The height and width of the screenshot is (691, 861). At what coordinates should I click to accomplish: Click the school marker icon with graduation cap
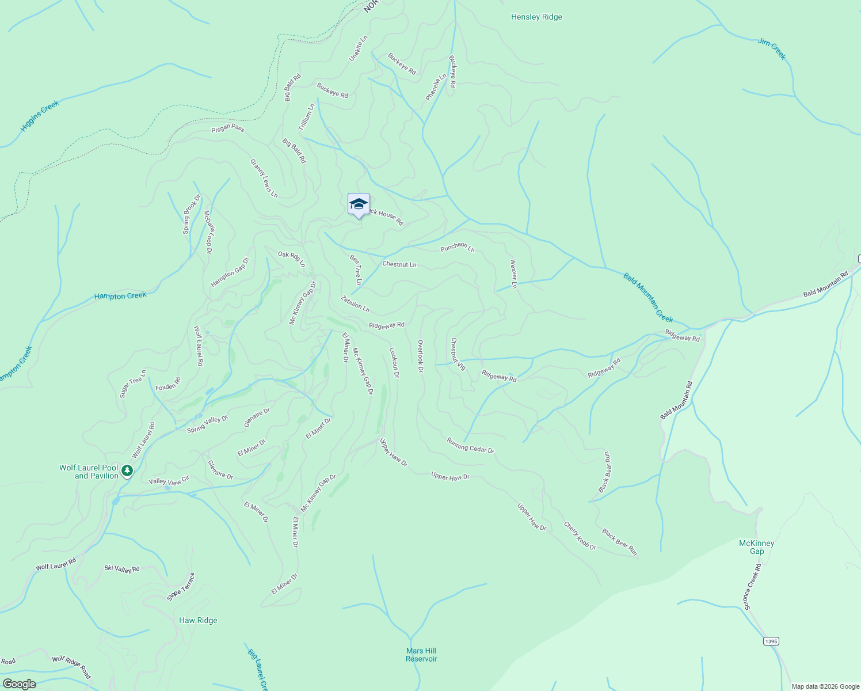coord(359,204)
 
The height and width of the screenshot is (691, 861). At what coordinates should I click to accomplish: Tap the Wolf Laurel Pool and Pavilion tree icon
coord(127,472)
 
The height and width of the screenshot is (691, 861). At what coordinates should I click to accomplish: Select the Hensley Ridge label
coord(536,17)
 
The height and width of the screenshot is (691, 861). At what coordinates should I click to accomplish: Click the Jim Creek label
coord(772,49)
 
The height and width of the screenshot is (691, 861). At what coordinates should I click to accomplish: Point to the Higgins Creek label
coord(40,116)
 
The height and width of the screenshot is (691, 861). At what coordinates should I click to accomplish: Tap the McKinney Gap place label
coord(756,547)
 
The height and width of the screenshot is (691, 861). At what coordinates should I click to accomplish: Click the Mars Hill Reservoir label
coord(421,655)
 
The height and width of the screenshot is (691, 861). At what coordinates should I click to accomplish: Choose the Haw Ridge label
coord(198,620)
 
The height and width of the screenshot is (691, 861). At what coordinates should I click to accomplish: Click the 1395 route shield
coord(771,641)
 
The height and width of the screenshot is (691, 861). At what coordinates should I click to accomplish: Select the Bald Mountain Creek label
coord(648,298)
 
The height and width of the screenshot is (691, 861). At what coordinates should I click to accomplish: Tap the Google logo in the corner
coord(19,684)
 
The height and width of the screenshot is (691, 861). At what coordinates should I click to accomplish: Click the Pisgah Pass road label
coord(228,128)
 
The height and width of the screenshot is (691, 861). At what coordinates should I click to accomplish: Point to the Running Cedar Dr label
coord(470,445)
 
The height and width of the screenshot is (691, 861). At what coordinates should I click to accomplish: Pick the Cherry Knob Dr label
coord(580,536)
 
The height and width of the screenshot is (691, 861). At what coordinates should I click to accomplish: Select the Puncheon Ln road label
coord(458,248)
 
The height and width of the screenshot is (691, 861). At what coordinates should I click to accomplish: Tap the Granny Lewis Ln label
coord(264,179)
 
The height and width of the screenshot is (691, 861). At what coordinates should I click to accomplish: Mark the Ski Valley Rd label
coord(122,569)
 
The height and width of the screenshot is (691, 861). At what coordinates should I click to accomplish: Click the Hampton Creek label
coord(120,296)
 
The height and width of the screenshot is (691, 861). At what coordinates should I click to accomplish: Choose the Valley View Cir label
coord(169,481)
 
